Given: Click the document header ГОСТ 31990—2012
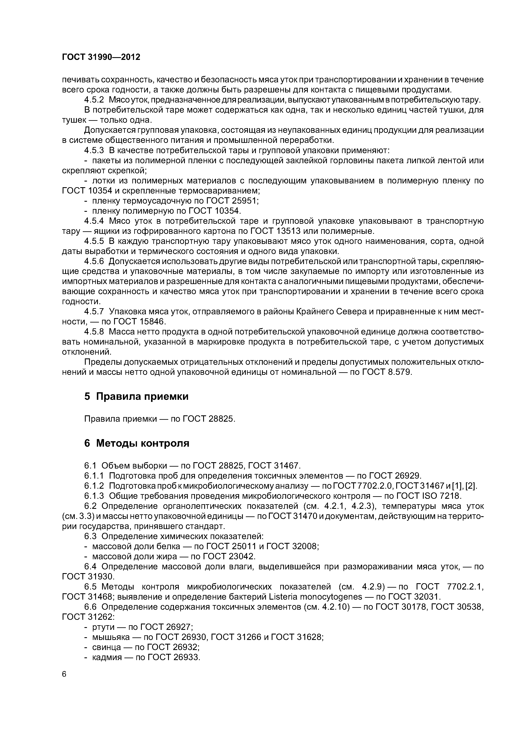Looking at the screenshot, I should [x=101, y=57].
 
